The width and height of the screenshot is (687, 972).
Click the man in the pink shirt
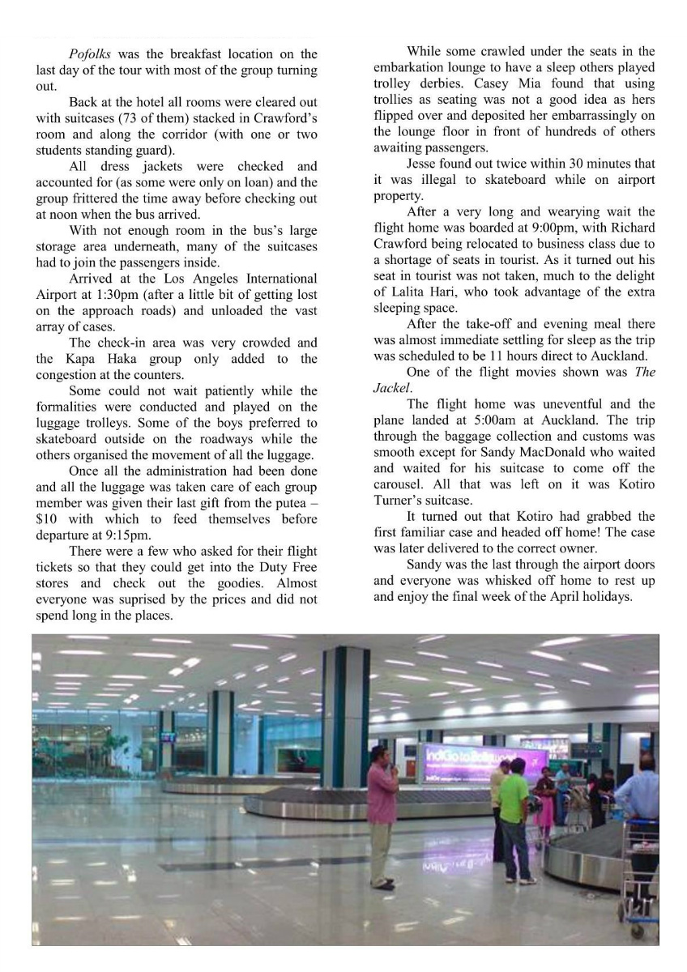coord(382,814)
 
